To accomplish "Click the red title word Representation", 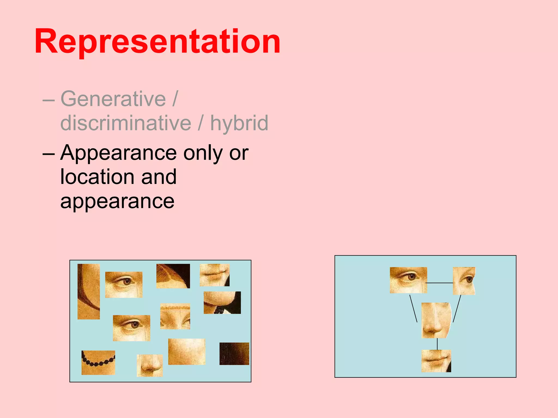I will coord(157,42).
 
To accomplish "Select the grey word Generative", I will coord(113,99).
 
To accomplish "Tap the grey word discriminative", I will coord(126,123).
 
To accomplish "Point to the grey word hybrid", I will coord(239,123).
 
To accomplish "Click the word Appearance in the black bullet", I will coord(119,153).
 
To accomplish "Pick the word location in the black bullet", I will coord(97,177).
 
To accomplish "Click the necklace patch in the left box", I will coord(98,362).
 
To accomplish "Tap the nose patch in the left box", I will coord(150,365).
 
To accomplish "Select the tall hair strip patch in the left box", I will coord(89,291).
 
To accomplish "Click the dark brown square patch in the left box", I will coord(234,354).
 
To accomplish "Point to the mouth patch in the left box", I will coord(214,275).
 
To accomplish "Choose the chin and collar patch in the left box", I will coord(222,303).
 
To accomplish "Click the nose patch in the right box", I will coord(436,320).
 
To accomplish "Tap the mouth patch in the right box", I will coord(436,361).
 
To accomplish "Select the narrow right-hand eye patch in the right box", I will coord(464,281).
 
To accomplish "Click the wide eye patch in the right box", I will coord(408,280).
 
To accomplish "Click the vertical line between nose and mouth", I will coord(437,344).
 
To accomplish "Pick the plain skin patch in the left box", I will coord(187,352).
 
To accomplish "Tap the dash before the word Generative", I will coord(48,100).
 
